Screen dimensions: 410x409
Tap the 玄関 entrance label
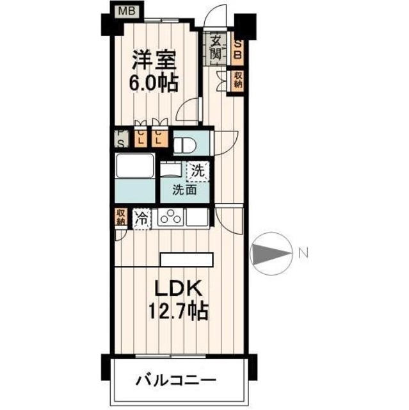point(216,48)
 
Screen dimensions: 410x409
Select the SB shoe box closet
point(237,49)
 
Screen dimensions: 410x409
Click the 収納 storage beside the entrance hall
point(237,80)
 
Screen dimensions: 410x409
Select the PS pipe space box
point(120,138)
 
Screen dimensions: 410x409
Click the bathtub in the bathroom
point(134,168)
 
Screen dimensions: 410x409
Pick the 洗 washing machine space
point(198,172)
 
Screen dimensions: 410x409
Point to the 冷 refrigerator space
point(141,218)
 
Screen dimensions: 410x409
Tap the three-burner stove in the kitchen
point(171,218)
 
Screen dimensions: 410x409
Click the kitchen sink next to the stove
point(197,218)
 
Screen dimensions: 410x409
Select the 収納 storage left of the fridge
point(120,217)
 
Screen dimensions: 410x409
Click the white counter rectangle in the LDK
point(186,258)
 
